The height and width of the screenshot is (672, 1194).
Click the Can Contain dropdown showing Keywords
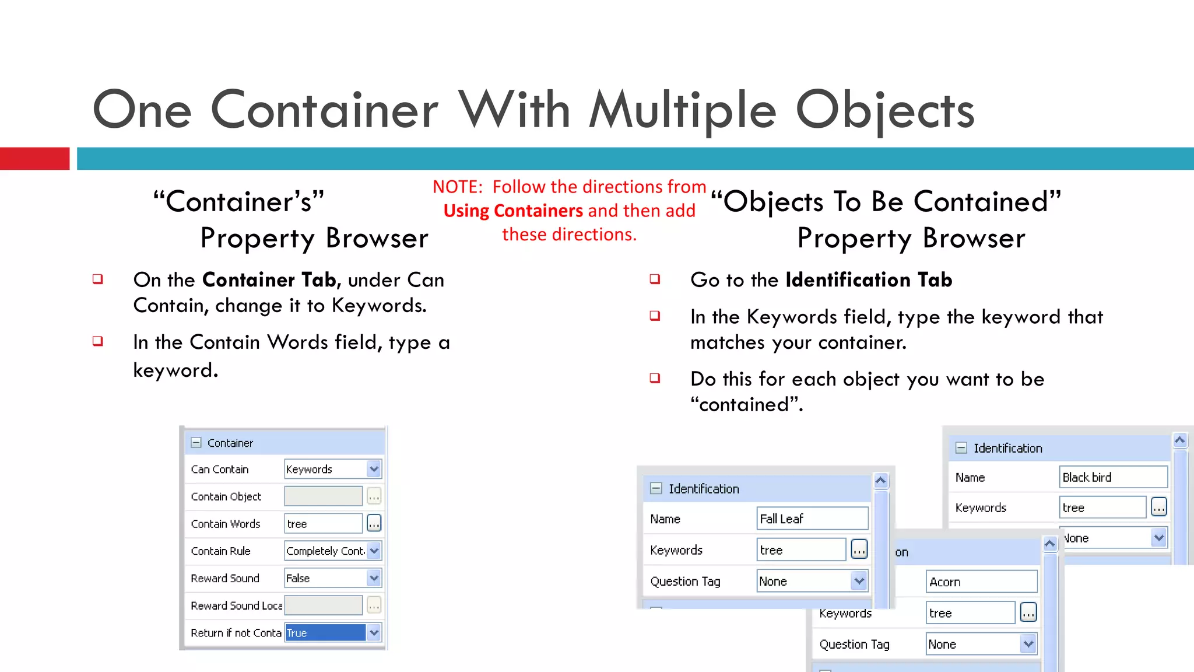tap(332, 469)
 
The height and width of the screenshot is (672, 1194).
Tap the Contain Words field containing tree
tap(323, 524)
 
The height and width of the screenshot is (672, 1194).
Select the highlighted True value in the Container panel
tap(325, 633)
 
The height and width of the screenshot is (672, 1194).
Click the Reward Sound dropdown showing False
tap(332, 578)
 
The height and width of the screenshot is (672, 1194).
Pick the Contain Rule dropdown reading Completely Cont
tap(332, 551)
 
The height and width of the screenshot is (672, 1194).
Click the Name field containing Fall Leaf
tap(812, 519)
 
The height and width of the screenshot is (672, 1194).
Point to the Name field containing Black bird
tap(1112, 477)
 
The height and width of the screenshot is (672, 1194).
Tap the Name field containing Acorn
tap(981, 582)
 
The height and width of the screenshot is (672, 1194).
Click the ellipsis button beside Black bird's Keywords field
tap(1158, 508)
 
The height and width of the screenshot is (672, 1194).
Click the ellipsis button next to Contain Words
tap(374, 524)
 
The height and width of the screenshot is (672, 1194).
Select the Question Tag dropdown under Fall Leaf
tap(811, 581)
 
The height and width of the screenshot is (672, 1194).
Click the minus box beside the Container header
tap(196, 443)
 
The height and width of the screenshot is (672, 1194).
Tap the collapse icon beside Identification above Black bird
tap(961, 448)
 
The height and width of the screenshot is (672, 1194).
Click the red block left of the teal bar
tap(34, 159)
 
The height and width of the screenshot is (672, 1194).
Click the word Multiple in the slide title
tap(683, 111)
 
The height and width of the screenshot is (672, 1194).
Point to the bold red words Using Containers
tap(513, 211)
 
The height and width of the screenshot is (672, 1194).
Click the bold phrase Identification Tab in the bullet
tap(869, 280)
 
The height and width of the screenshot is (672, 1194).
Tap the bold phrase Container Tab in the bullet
tap(269, 280)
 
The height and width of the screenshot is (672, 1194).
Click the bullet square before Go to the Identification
tap(655, 279)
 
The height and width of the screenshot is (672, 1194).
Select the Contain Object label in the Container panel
tap(226, 496)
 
